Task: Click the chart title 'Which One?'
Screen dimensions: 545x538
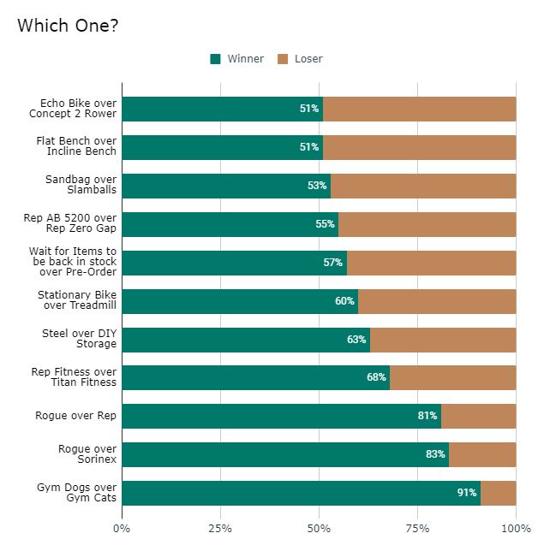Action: [68, 26]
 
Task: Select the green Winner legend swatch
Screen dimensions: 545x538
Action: [215, 59]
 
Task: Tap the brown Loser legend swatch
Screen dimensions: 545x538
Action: [282, 59]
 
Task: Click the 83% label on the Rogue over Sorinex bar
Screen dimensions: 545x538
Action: [435, 454]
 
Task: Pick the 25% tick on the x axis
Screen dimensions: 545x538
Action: [220, 528]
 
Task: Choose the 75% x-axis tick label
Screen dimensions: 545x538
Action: [418, 528]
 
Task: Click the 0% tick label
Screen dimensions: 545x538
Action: [123, 528]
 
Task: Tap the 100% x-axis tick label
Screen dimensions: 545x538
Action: [516, 528]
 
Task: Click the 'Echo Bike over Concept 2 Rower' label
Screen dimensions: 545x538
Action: [72, 109]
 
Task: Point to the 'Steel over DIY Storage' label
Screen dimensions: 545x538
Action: [80, 339]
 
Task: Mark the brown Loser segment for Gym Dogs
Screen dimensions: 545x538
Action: [499, 493]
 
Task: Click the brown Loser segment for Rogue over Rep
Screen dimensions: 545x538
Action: [478, 416]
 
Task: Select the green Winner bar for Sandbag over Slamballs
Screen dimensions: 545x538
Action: [226, 186]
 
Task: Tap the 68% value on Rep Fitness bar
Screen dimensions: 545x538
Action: [376, 377]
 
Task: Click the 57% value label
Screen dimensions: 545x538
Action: [332, 263]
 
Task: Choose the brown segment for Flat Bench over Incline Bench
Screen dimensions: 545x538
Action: [420, 147]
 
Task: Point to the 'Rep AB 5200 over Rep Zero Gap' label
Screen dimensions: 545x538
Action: [70, 224]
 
